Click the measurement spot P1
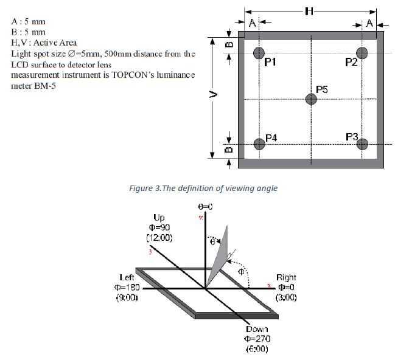(x=259, y=53)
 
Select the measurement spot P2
(x=362, y=53)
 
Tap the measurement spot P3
(x=362, y=144)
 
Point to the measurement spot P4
(x=259, y=144)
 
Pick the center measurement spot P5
(x=311, y=99)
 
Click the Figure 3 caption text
(x=203, y=188)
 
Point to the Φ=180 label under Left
(x=127, y=287)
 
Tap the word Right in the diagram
(x=286, y=277)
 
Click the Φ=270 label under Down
(x=257, y=339)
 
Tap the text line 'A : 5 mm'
(x=28, y=22)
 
